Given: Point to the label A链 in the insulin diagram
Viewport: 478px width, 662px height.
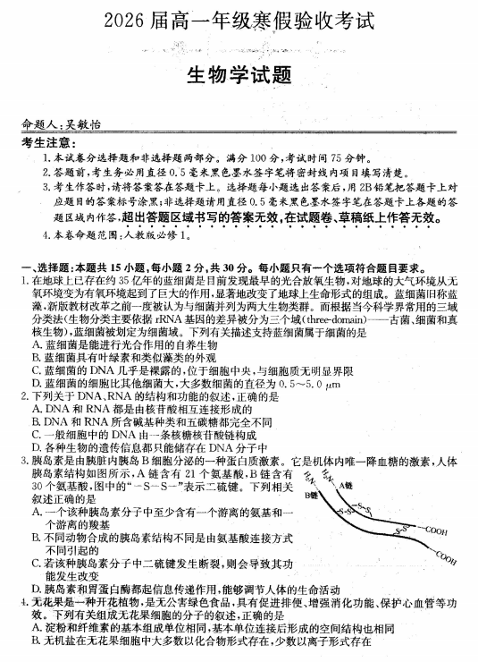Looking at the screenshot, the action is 348,485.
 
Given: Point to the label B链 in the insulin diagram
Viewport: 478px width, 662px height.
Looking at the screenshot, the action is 311,495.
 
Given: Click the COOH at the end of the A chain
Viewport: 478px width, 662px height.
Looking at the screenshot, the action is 436,530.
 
